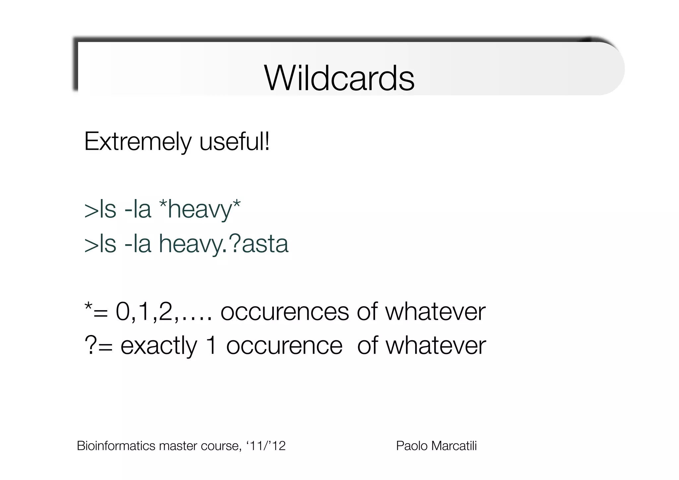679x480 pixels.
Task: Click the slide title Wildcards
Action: point(339,78)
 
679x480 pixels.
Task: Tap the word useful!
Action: point(234,142)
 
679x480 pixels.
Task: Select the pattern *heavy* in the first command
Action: point(200,210)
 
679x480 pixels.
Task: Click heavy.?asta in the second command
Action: point(224,244)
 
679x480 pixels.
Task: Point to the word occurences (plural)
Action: point(284,312)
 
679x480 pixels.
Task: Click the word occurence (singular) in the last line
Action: point(284,346)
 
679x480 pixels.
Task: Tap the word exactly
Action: point(158,346)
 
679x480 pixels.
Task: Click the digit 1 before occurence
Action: point(211,346)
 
